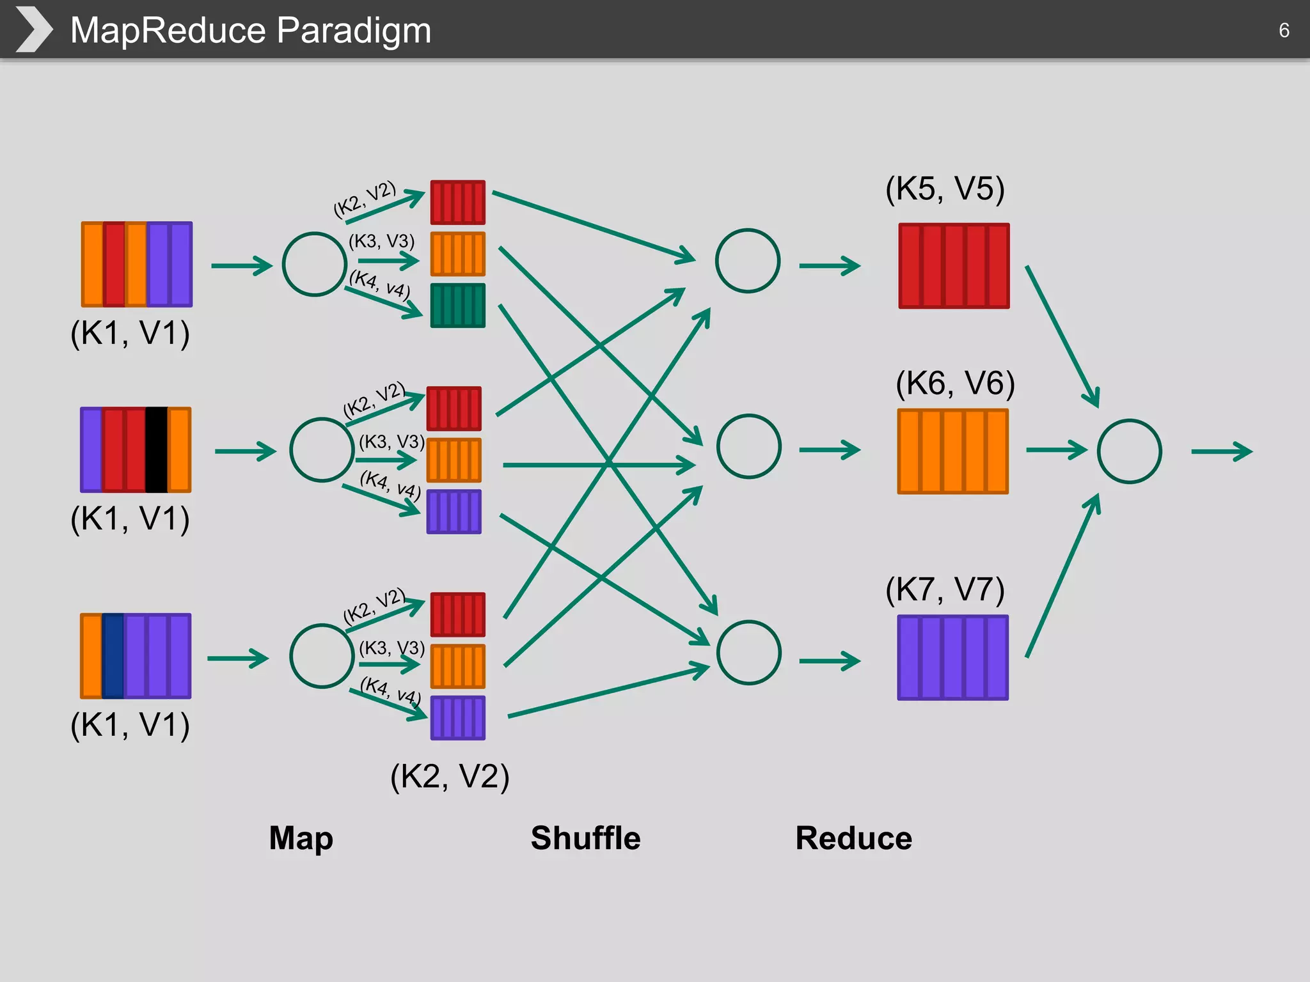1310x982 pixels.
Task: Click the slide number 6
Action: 1283,30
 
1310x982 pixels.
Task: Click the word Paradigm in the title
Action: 354,30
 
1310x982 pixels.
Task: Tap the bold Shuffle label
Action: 585,838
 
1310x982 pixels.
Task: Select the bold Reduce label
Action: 853,838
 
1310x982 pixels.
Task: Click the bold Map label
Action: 301,838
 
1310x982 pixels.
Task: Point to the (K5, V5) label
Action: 945,189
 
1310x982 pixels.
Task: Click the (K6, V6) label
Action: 955,383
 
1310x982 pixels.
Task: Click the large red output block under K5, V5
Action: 954,266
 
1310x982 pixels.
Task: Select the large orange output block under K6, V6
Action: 952,451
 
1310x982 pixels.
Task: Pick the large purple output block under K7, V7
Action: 952,657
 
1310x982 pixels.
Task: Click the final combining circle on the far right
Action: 1129,451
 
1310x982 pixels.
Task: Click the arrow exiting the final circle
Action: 1221,451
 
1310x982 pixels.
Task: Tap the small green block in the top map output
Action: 457,306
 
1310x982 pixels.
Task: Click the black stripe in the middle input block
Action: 156,449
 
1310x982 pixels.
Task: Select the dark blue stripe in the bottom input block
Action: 113,656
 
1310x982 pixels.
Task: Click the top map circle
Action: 314,264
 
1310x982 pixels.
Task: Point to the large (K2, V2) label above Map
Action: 450,776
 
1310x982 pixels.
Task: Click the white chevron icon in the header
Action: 33,29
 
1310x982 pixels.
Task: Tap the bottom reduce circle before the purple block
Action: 748,653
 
